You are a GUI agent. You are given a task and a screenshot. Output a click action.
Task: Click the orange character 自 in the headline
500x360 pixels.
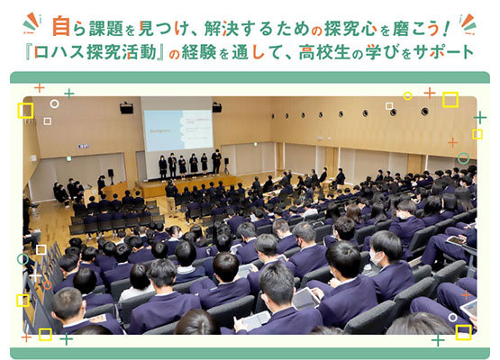(61, 26)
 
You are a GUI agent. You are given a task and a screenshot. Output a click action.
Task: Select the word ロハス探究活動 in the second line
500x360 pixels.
(95, 52)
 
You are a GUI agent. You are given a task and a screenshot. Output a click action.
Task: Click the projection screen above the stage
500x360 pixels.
(178, 130)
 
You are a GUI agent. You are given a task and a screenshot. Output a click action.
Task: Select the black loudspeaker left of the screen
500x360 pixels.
(127, 108)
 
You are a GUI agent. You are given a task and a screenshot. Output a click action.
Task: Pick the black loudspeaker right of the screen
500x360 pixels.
(217, 107)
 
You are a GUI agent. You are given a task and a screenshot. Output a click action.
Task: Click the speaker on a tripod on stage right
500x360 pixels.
(226, 165)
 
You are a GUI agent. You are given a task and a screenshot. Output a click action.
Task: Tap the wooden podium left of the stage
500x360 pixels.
(114, 191)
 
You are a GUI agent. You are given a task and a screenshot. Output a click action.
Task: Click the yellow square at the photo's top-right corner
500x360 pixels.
(450, 99)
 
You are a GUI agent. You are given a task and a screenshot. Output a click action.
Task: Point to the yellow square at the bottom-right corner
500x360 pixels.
(463, 332)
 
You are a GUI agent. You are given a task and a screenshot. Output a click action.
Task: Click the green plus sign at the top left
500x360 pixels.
(69, 94)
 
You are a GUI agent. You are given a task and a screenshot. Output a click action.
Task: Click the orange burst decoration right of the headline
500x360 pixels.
(468, 24)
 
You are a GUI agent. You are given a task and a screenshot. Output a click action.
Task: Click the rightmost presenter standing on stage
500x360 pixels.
(216, 162)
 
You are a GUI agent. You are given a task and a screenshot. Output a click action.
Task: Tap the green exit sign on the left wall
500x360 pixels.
(68, 158)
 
